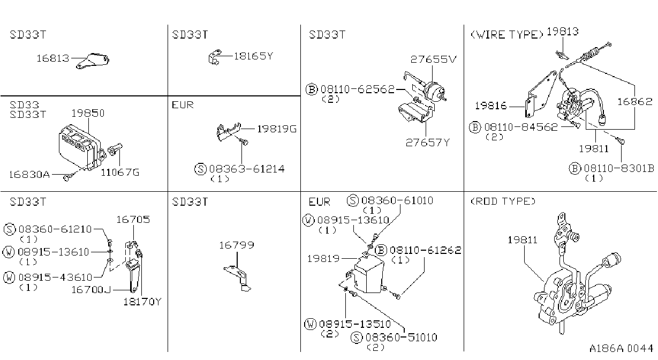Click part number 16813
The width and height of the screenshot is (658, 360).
coord(53,58)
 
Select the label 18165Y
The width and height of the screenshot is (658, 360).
coord(253,56)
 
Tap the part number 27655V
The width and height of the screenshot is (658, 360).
coord(434,59)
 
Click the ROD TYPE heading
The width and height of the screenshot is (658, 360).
coord(503,201)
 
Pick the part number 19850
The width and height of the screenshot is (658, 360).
coord(88,113)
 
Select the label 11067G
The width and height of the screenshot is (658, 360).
coord(120,172)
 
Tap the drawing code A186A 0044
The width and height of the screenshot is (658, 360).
coord(621,348)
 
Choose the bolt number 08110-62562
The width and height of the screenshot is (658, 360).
coord(358,89)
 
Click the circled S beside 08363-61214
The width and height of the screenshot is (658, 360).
coord(200,169)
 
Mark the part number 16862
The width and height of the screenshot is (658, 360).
coord(634,102)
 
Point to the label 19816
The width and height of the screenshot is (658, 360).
coord(491,106)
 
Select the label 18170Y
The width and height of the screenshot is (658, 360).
coord(142,302)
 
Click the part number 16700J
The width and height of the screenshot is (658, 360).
coord(91,290)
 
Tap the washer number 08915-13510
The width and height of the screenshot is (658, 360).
coord(355,324)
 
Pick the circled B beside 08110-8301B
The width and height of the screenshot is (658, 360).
coord(575,168)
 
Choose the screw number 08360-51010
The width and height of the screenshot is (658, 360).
coord(401,337)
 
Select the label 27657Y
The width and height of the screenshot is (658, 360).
coord(428,143)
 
